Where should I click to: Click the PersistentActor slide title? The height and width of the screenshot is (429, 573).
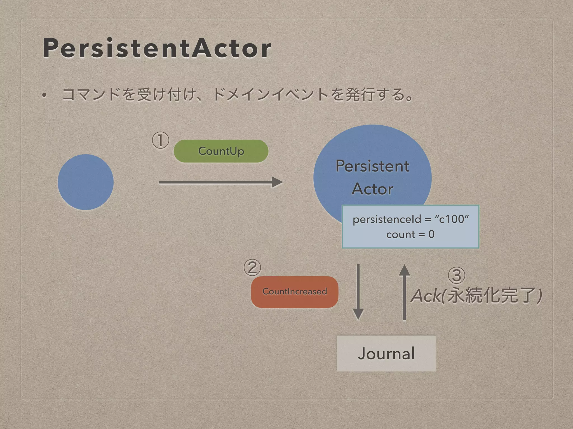[x=157, y=48]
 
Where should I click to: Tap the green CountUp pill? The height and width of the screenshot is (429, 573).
[x=221, y=151]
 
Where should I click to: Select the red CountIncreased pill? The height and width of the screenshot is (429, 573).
[x=295, y=292]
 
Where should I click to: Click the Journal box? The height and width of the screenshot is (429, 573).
[x=386, y=353]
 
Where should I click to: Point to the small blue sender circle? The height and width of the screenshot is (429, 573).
[x=86, y=182]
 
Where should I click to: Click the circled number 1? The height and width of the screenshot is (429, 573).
[x=160, y=140]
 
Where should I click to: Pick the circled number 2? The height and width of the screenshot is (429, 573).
[x=252, y=268]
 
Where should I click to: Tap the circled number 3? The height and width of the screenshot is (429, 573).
[x=456, y=275]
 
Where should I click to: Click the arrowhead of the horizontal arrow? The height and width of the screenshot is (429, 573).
[x=277, y=182]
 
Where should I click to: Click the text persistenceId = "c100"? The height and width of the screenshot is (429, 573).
[x=410, y=219]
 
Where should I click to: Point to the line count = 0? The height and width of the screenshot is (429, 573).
[x=410, y=234]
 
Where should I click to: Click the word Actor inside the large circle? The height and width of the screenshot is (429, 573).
[x=372, y=189]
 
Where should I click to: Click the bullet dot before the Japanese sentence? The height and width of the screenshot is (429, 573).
[x=44, y=95]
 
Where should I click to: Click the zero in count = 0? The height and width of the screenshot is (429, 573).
[x=431, y=234]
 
